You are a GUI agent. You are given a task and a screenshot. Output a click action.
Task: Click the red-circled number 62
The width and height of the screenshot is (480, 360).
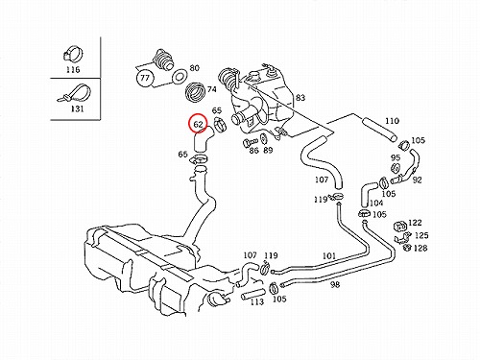click(x=199, y=123)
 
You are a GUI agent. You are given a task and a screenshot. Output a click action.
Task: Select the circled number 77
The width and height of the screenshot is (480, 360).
click(x=145, y=78)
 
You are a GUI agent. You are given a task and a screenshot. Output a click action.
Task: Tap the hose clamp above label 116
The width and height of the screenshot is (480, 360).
click(x=72, y=54)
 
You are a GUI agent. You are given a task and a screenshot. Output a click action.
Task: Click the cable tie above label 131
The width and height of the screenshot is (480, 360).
click(x=75, y=93)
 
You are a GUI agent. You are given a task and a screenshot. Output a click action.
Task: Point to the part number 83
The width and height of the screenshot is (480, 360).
click(x=300, y=98)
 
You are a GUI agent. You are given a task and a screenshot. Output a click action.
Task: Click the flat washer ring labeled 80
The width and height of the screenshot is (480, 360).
click(x=180, y=77)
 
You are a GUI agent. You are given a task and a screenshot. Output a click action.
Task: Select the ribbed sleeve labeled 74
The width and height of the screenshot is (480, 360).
click(x=196, y=92)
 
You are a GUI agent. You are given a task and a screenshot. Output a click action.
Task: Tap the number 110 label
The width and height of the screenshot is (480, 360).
click(x=392, y=121)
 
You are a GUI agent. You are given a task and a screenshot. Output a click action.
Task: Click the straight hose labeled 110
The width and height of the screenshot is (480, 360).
click(x=380, y=130)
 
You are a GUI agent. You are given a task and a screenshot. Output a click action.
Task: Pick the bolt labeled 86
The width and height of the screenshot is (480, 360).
click(x=251, y=141)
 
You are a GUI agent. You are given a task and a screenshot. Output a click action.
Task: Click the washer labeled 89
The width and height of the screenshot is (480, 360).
click(x=265, y=139)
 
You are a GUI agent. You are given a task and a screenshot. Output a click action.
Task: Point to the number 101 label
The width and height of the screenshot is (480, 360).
click(x=328, y=256)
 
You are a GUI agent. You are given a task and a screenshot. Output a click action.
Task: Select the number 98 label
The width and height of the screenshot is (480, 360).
click(x=335, y=284)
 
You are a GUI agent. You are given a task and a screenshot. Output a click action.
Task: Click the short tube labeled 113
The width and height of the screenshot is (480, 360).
click(x=253, y=294)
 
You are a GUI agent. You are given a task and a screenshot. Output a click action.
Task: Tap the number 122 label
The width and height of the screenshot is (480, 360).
click(x=415, y=223)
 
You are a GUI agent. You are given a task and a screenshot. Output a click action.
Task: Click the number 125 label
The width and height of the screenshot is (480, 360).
click(x=421, y=235)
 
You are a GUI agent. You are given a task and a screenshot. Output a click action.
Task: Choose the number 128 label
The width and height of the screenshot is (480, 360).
click(x=420, y=248)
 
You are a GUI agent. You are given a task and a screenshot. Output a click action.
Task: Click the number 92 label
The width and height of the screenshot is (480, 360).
click(x=417, y=180)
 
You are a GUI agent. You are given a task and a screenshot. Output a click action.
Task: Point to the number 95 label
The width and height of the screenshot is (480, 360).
click(x=396, y=157)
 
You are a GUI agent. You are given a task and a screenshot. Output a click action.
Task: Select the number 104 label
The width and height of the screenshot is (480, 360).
click(x=376, y=203)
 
